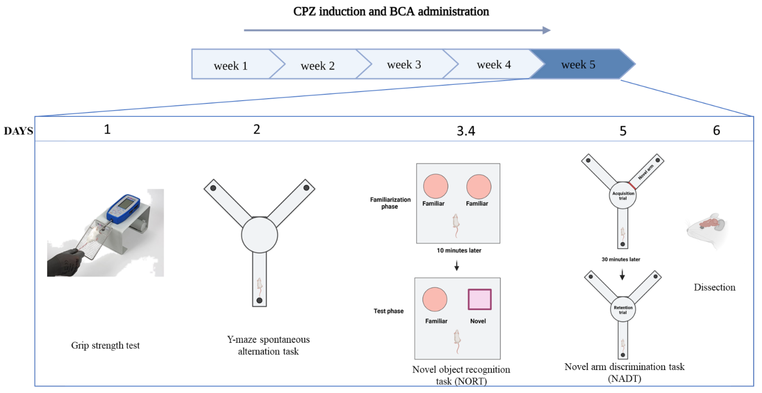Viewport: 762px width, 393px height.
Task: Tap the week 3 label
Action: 404,64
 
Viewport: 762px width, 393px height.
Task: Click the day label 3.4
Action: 466,131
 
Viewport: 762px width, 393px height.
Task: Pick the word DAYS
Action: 18,131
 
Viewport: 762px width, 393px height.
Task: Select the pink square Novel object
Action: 479,299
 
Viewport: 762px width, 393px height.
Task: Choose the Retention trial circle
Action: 623,309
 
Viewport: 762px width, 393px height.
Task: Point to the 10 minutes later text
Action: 459,250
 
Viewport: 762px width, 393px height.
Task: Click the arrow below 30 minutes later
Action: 622,274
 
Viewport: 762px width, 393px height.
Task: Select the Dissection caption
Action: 714,287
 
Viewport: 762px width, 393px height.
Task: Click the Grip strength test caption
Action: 105,345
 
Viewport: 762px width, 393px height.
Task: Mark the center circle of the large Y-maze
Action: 259,235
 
